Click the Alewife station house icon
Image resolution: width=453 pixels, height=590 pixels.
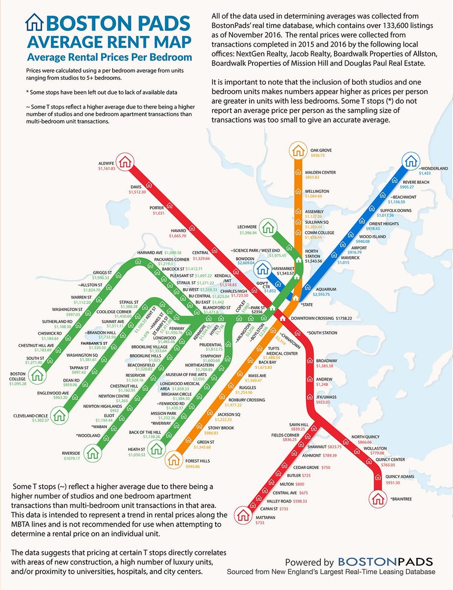pyautogui.click(x=126, y=160)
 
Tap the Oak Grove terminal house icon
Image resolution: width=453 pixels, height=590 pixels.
pyautogui.click(x=297, y=149)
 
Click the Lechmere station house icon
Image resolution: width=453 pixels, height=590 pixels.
pyautogui.click(x=268, y=228)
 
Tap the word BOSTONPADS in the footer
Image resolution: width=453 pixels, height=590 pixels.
pyautogui.click(x=386, y=561)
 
